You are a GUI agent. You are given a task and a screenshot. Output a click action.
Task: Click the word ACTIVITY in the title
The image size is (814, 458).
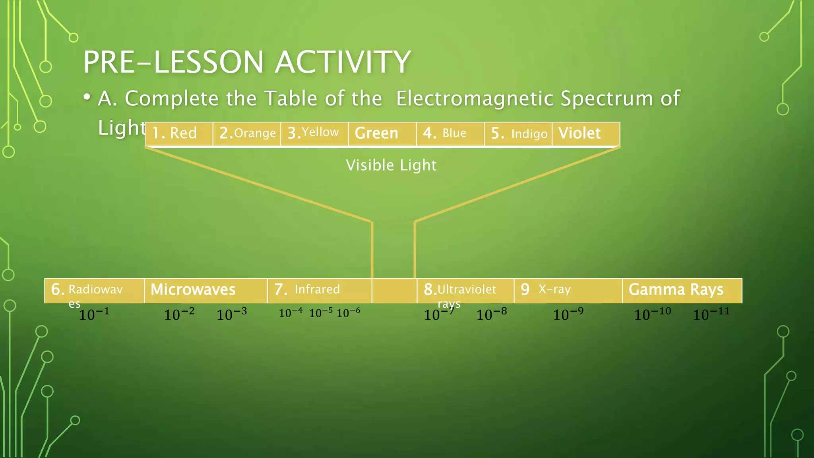click(x=343, y=62)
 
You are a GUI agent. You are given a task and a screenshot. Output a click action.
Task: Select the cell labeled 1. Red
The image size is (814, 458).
click(x=179, y=133)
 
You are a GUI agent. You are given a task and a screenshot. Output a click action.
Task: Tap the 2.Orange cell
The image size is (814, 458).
click(x=247, y=133)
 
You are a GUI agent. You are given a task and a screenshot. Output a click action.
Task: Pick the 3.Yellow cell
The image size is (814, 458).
click(x=314, y=133)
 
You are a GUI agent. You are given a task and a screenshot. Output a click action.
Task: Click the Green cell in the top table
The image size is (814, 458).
click(x=382, y=133)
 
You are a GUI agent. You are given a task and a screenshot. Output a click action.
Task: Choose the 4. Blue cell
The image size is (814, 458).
click(x=450, y=133)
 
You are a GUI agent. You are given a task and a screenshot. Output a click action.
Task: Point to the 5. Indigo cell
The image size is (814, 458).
click(x=518, y=133)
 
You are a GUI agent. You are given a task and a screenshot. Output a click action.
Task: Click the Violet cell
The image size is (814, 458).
click(x=585, y=133)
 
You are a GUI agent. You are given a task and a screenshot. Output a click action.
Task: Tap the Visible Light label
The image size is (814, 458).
click(x=391, y=165)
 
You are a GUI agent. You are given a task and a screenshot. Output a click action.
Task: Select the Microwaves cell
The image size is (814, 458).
click(x=205, y=290)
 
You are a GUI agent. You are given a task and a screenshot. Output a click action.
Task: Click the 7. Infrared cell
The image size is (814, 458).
click(x=319, y=290)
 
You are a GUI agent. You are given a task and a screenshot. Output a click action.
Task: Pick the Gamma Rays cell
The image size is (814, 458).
click(x=682, y=290)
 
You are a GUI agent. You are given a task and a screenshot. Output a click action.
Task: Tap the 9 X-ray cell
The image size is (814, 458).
click(x=568, y=290)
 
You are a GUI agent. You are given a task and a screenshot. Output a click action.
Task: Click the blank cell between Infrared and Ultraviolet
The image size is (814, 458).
click(x=394, y=291)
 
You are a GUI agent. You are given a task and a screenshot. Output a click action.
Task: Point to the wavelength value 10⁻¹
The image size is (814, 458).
click(x=94, y=314)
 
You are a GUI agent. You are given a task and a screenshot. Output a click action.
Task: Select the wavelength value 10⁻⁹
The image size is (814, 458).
click(x=568, y=314)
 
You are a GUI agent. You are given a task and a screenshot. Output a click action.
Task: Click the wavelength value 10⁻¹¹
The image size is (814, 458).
click(x=711, y=314)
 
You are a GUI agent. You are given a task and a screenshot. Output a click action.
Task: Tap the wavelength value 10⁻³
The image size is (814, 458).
click(x=231, y=314)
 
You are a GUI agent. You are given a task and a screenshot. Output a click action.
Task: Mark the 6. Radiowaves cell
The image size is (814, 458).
click(x=94, y=291)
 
